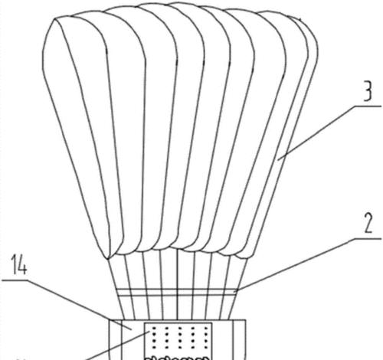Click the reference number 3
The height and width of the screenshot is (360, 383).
(368, 90)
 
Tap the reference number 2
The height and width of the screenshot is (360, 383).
(368, 222)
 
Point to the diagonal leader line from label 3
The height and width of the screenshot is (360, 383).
(316, 133)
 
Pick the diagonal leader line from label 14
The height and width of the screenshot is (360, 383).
(79, 304)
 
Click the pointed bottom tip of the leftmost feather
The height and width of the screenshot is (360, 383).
(107, 259)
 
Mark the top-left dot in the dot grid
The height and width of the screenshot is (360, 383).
(154, 328)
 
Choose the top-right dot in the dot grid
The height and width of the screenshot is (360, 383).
(205, 328)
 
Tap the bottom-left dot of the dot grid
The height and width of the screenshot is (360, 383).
(154, 347)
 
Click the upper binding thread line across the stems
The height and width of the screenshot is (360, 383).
(176, 290)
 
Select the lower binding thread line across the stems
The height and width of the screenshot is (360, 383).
(176, 296)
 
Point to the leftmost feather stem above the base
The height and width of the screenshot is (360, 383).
(116, 289)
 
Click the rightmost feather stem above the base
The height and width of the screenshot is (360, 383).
(237, 289)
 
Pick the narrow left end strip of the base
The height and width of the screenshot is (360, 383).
(116, 339)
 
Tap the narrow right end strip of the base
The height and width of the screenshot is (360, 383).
(240, 339)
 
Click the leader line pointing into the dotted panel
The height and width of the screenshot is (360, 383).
(117, 345)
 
